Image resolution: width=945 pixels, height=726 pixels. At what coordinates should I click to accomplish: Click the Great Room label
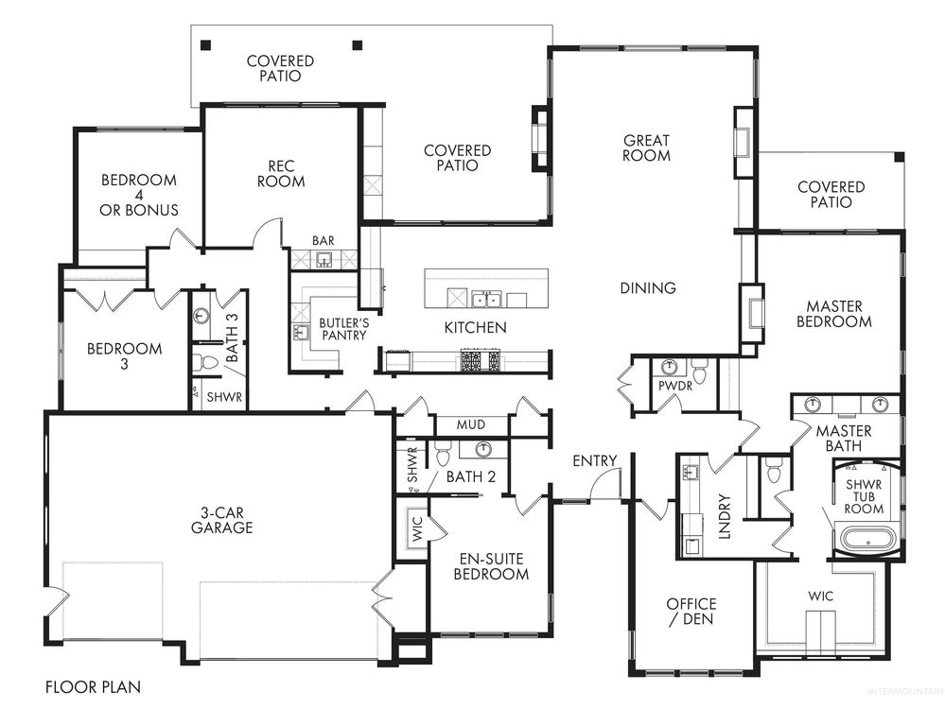point(646,147)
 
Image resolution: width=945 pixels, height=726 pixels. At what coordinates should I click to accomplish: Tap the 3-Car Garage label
point(220,521)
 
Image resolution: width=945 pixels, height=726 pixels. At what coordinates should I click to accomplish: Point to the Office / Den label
point(691,612)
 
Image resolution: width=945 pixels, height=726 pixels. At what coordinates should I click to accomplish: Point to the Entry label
point(594,460)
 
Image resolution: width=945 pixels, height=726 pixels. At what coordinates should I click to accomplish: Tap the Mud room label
point(470,425)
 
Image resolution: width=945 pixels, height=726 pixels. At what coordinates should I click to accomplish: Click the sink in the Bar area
point(324,259)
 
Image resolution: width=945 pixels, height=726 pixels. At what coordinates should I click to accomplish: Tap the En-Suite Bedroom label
point(491,566)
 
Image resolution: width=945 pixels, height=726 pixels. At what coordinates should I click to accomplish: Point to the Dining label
point(648,288)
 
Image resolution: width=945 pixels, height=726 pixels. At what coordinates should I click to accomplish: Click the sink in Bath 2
point(483,449)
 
